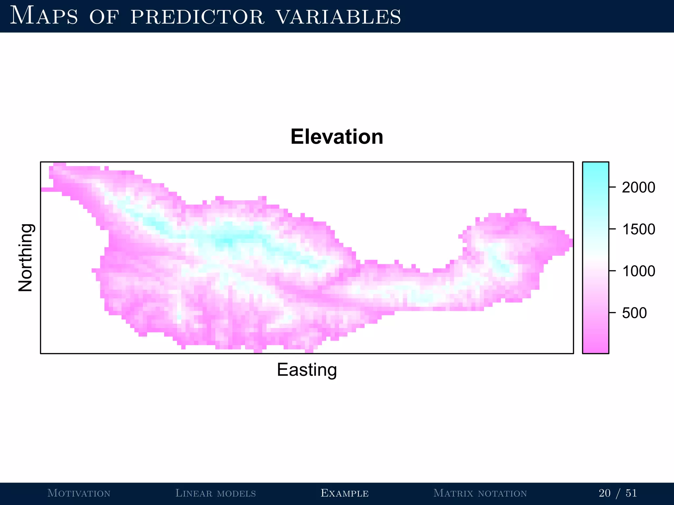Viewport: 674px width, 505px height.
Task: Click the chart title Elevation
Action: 337,137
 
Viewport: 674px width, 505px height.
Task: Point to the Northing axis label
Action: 25,257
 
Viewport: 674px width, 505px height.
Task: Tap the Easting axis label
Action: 307,370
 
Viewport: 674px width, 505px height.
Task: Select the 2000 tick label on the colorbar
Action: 638,187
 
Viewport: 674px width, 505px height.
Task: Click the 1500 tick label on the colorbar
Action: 638,229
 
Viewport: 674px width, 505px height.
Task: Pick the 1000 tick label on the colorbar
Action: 638,271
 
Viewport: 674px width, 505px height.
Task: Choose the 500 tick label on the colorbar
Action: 634,313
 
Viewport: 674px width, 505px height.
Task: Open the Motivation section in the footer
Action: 79,493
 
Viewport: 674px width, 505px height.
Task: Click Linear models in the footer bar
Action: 216,493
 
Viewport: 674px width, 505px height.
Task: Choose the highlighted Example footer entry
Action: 345,493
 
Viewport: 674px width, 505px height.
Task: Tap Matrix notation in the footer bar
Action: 480,493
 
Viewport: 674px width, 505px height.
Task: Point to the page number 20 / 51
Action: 618,493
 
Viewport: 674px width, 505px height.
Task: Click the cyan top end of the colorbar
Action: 595,166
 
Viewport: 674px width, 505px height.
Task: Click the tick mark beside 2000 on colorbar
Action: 612,187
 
